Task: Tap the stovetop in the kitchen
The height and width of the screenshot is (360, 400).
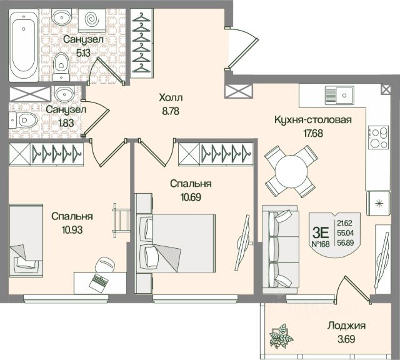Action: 377,137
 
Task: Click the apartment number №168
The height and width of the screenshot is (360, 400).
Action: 322,244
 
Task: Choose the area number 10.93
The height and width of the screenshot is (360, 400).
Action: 72,229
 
